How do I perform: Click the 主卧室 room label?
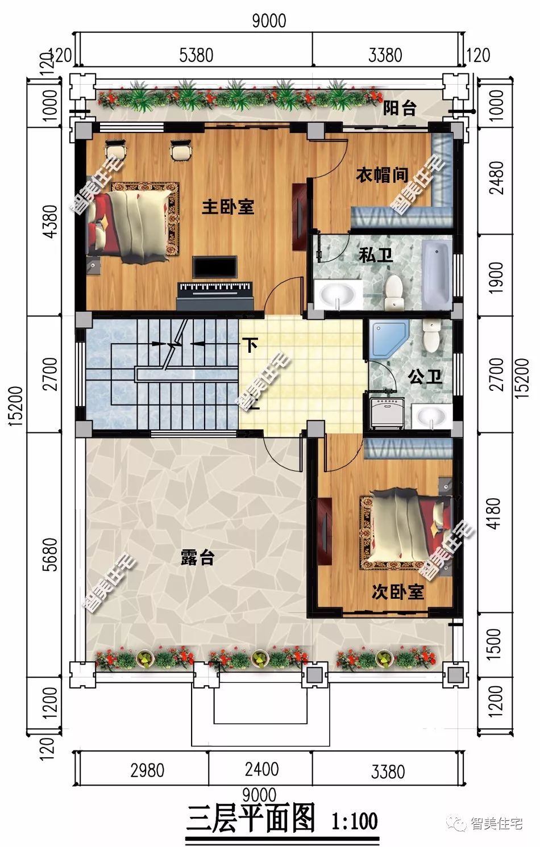pos(228,207)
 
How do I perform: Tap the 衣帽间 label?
pos(382,176)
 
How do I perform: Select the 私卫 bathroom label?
pos(376,255)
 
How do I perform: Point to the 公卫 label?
pos(425,377)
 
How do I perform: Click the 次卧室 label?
pos(397,591)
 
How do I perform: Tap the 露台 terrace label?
pos(198,557)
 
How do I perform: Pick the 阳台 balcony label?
pos(400,109)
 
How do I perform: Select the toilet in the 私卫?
pos(394,292)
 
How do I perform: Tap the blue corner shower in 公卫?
pos(389,339)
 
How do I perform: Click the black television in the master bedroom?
pos(215,268)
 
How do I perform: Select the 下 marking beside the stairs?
pos(250,344)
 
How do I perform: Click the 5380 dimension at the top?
pos(196,55)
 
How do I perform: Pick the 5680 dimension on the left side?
pos(51,554)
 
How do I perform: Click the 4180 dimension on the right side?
pos(494,514)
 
